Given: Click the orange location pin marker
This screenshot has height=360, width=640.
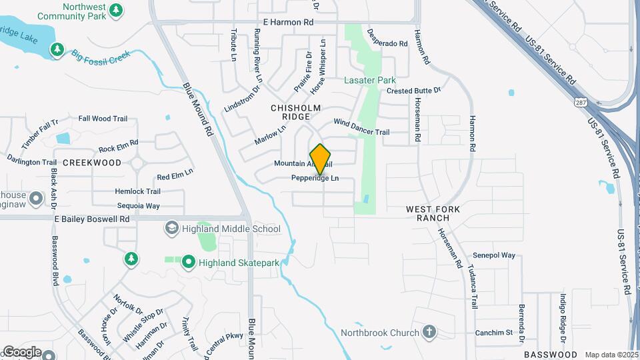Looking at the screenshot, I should click(x=321, y=159).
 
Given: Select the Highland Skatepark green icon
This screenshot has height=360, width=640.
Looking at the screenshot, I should click(x=189, y=263).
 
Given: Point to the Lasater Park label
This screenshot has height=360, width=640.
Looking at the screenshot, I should click(x=370, y=80).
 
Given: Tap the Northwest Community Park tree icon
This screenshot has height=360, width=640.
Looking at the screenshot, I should click(x=117, y=10).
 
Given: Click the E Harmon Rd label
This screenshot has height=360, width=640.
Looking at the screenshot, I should click(x=288, y=22).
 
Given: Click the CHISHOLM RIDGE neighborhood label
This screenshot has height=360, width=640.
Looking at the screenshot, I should click(x=296, y=112).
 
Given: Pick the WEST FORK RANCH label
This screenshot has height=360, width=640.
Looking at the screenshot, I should click(x=433, y=213).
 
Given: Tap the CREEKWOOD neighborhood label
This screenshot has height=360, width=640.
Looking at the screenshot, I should click(x=92, y=163).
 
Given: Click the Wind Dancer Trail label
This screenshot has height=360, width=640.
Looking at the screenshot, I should click(x=361, y=127).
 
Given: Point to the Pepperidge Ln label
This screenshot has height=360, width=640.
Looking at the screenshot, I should click(x=315, y=179).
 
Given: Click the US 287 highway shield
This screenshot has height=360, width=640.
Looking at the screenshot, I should click(x=580, y=101).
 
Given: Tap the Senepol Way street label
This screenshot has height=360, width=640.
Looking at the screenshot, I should click(x=494, y=255).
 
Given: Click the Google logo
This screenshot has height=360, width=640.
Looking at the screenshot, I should click(x=21, y=351).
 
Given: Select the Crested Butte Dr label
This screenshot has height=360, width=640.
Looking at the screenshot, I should click(x=414, y=91).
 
